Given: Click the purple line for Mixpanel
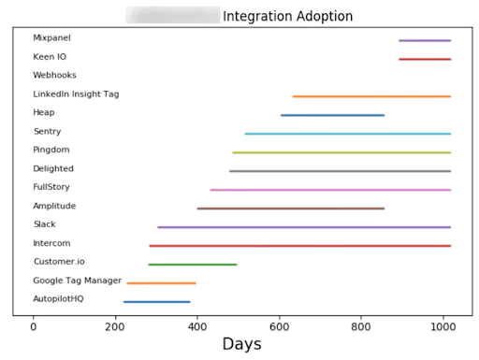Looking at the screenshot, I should [x=424, y=40].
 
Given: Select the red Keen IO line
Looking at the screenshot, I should [x=424, y=59].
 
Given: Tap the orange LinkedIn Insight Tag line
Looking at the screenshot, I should [x=370, y=96].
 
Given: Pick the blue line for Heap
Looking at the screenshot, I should [x=332, y=115].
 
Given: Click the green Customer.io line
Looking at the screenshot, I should [x=192, y=265].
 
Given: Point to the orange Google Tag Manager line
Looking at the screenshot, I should [x=161, y=282].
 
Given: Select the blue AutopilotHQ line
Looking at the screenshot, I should [x=156, y=301].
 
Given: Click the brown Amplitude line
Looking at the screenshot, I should [x=290, y=208].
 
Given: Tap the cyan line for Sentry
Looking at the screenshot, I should [x=347, y=134].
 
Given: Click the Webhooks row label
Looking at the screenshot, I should [x=54, y=75].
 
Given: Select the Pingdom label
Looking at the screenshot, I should [x=51, y=150].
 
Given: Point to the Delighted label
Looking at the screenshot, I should [x=53, y=168].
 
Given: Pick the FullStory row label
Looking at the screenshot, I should [x=51, y=187].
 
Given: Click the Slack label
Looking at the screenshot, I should [x=44, y=224].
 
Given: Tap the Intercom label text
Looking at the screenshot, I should [x=51, y=243].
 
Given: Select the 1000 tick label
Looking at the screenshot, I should [x=443, y=326].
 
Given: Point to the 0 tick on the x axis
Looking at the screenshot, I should [x=34, y=326].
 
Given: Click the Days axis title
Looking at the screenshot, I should [x=241, y=345].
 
